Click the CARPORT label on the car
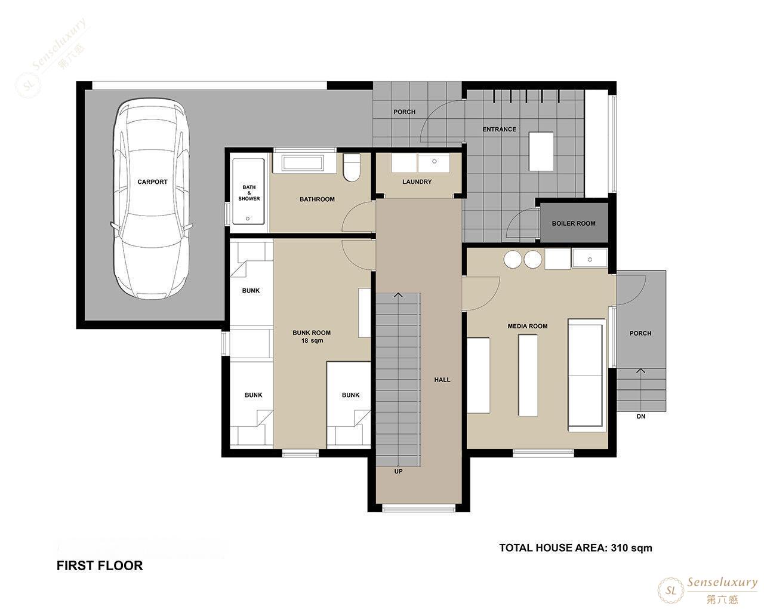pos(152,182)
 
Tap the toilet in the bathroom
pos(352,167)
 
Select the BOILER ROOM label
pos(574,224)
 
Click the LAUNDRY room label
pos(417,182)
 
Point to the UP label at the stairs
pos(398,472)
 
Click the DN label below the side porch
pos(641,416)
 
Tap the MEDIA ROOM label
pos(528,326)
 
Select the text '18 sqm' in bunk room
pos(312,341)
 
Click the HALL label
pos(442,380)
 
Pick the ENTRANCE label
pos(499,129)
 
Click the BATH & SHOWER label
pos(249,193)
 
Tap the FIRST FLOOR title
pos(100,565)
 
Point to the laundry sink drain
pos(434,162)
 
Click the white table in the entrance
pos(541,151)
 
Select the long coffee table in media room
pos(528,375)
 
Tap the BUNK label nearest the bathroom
pos(251,291)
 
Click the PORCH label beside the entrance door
pos(404,112)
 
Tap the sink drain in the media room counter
pos(590,260)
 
